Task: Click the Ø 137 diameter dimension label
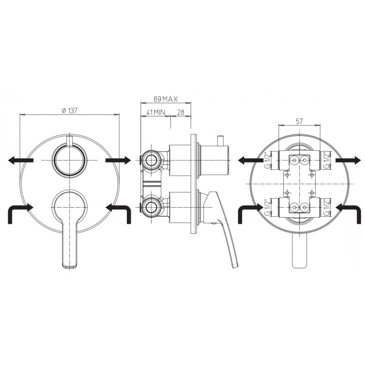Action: click(69, 110)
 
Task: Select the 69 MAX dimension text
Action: click(166, 99)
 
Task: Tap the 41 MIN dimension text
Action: click(156, 112)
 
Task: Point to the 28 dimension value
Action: click(180, 112)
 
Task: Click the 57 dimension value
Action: click(299, 121)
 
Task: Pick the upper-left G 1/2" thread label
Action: click(268, 160)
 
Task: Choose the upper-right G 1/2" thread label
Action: click(326, 160)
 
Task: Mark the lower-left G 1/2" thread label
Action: click(268, 207)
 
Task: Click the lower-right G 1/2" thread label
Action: click(326, 207)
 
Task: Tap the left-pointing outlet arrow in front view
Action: click(21, 160)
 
